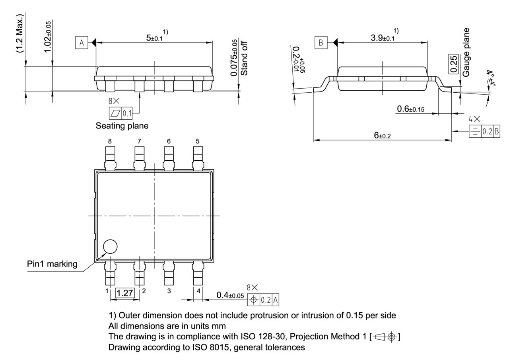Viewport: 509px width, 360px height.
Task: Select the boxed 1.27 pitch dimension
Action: [x=125, y=294]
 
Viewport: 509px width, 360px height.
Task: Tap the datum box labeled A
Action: [x=82, y=43]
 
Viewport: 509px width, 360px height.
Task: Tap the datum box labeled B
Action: [x=321, y=42]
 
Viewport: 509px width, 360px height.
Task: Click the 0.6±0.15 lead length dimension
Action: [x=414, y=109]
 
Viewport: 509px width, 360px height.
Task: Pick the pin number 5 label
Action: [x=198, y=141]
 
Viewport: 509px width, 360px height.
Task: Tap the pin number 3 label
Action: [x=169, y=291]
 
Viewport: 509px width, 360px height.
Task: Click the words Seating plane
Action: [x=122, y=126]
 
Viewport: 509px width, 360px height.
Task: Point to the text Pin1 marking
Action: [x=52, y=264]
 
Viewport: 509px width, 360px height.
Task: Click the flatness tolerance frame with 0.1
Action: [x=121, y=113]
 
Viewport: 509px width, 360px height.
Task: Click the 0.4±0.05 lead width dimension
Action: [x=230, y=295]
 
